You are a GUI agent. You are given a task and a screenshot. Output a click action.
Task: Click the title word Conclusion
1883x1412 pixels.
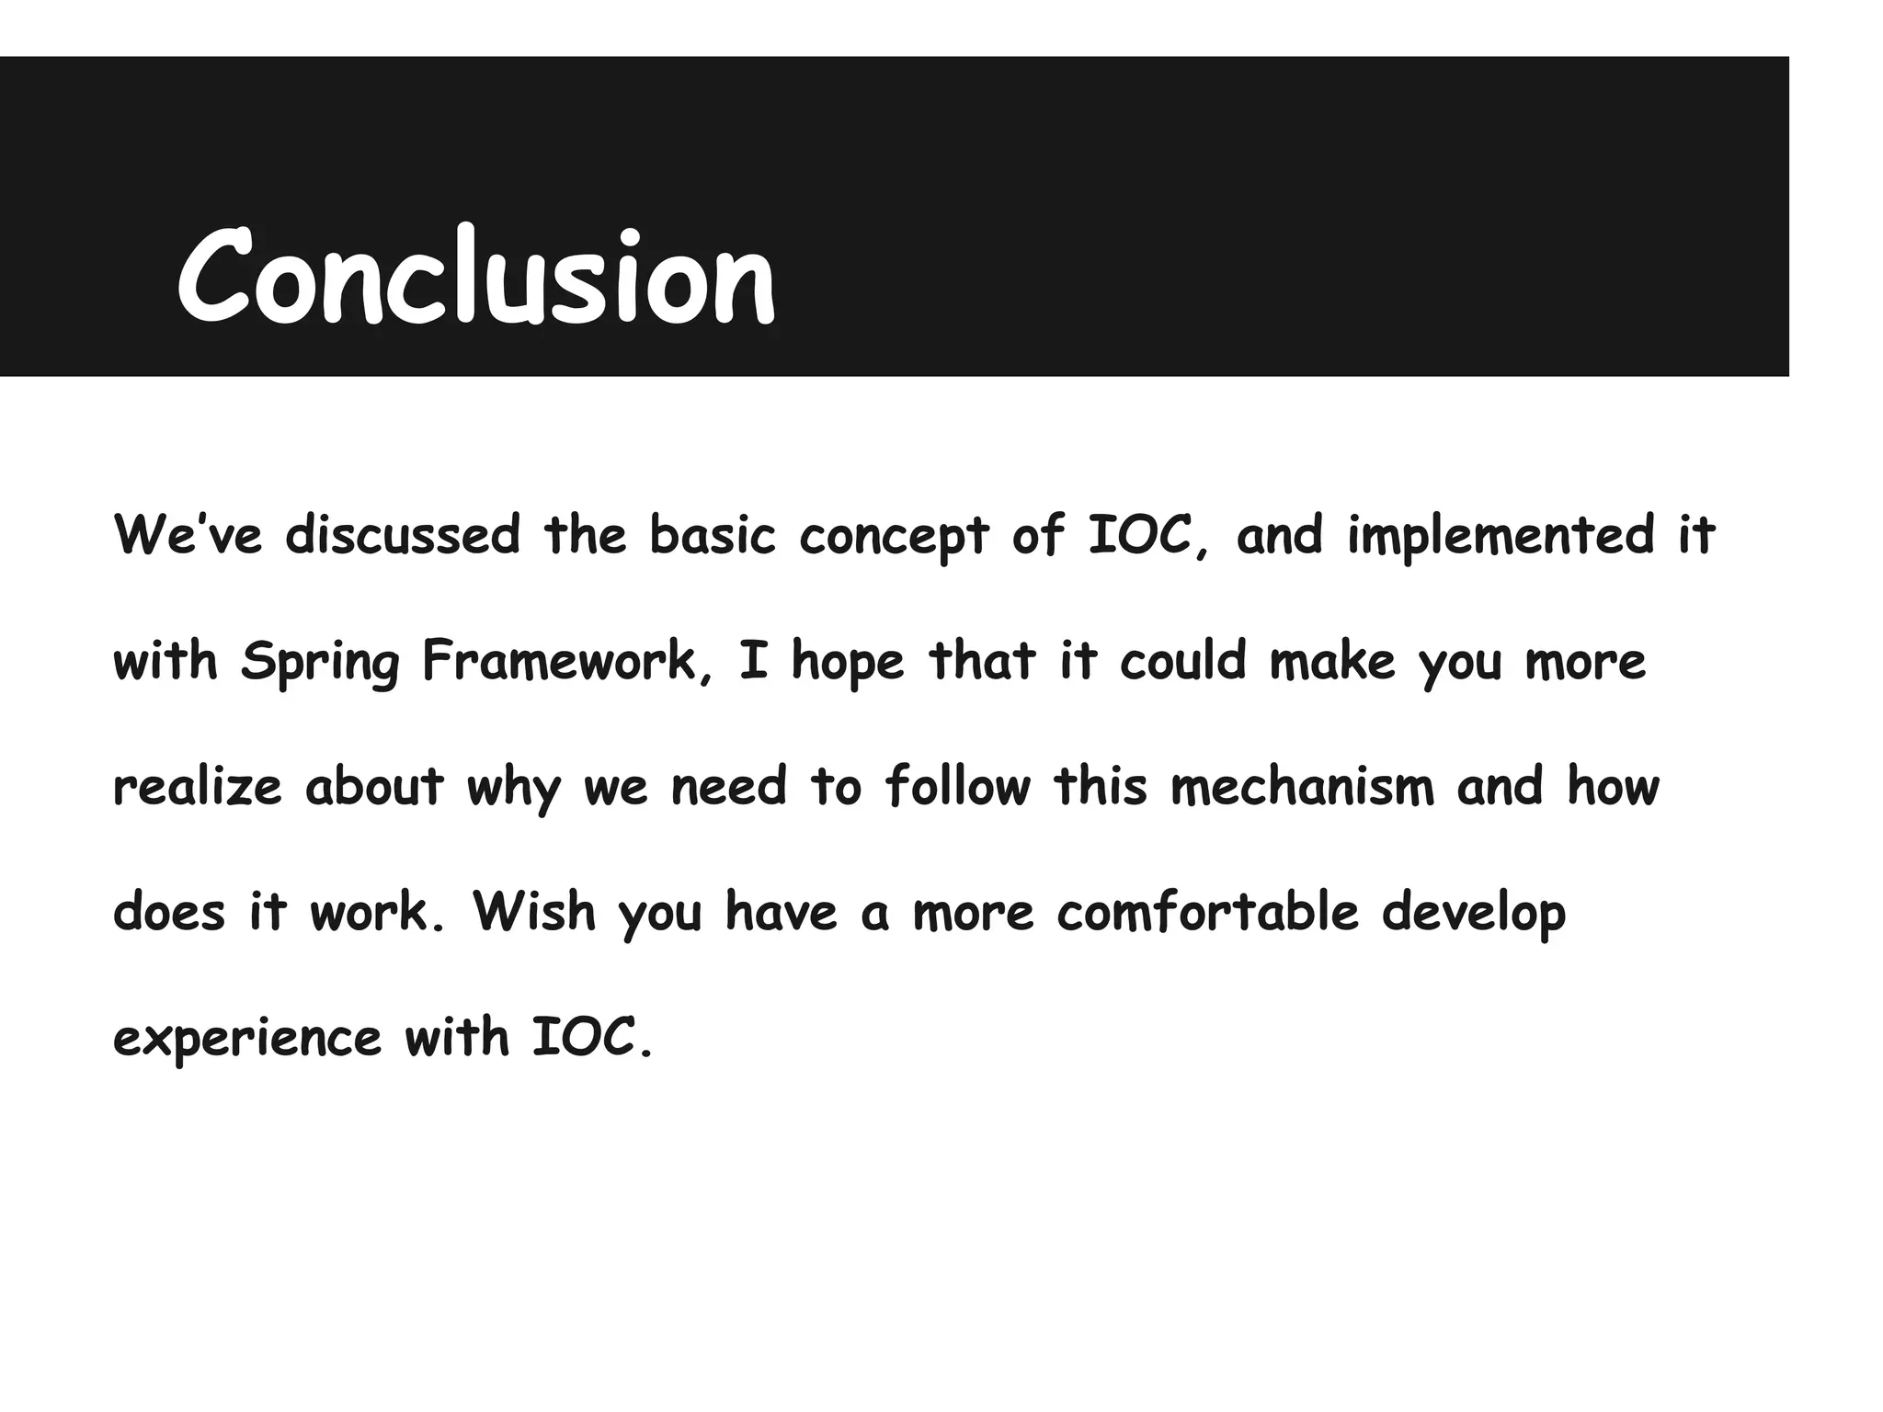(476, 277)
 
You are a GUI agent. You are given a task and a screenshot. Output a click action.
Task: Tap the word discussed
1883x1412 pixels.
(403, 534)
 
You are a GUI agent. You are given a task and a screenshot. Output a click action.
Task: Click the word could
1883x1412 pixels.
(1182, 660)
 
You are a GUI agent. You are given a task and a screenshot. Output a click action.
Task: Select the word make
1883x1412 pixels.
(1332, 660)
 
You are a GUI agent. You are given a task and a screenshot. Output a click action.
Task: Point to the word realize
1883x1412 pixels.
(197, 787)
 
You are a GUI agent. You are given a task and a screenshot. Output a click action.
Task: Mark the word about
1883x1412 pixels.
(374, 786)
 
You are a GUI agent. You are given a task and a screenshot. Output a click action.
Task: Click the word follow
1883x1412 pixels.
(958, 786)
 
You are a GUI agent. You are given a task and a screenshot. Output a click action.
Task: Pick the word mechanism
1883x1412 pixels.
(1302, 786)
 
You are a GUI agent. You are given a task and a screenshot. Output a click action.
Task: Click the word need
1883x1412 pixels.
(729, 786)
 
